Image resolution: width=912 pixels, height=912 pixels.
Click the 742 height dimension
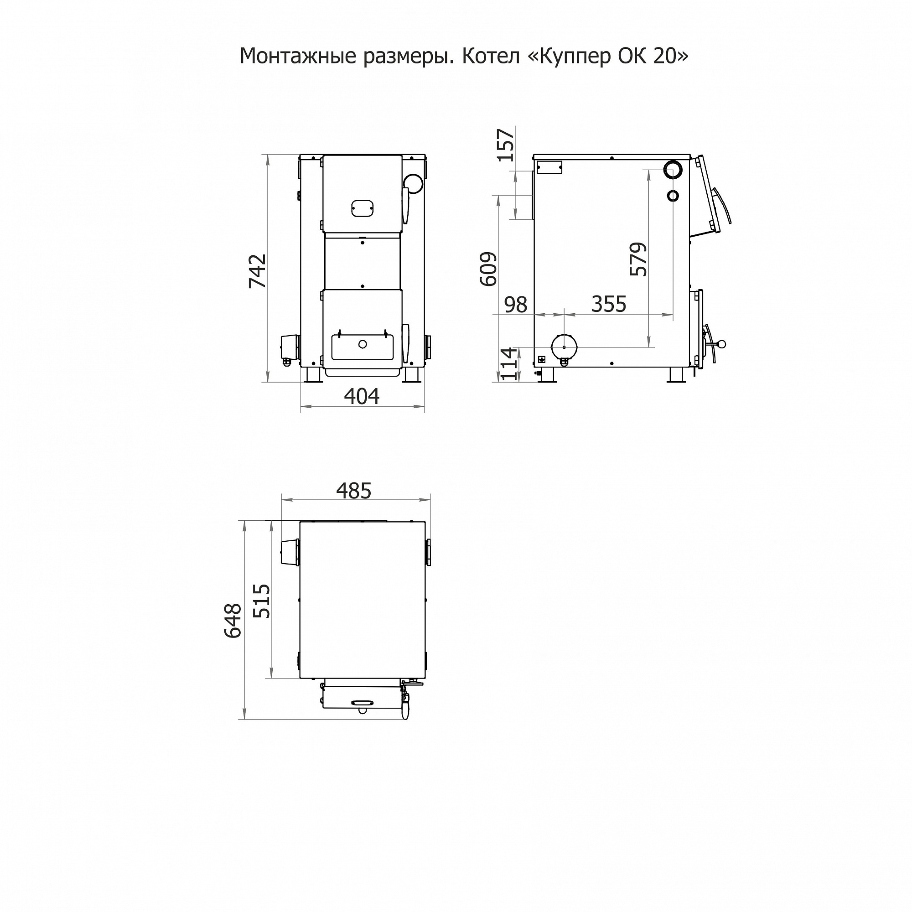click(258, 271)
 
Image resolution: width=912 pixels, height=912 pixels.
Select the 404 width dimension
click(362, 397)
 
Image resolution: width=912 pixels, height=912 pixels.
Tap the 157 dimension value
click(506, 145)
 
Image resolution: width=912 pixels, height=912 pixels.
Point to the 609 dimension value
click(488, 269)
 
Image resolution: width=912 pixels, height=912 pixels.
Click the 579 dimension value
click(638, 259)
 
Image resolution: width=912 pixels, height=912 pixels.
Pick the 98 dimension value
click(515, 305)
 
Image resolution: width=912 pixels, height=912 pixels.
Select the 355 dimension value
click(609, 305)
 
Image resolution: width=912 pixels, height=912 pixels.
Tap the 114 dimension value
click(508, 364)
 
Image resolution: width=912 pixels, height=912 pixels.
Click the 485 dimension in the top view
click(354, 491)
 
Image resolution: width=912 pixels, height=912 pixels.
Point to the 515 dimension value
click(262, 601)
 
